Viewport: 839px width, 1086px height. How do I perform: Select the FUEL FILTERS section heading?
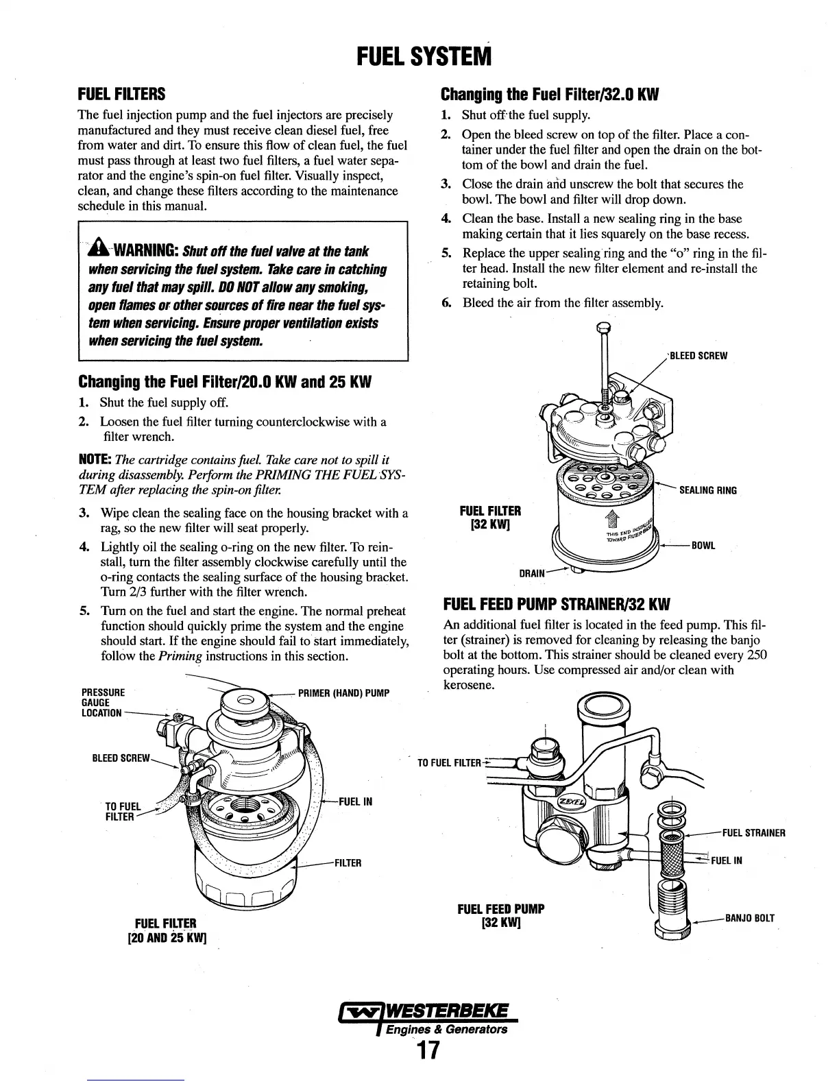[x=122, y=93]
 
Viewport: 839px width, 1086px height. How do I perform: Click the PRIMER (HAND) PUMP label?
[x=343, y=693]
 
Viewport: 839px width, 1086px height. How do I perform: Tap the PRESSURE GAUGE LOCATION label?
[x=103, y=703]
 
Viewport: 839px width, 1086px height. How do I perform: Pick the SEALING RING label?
[x=707, y=490]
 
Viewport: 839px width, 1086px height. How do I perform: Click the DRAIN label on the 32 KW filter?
[x=532, y=572]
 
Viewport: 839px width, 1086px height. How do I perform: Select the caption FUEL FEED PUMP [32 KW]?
[x=500, y=915]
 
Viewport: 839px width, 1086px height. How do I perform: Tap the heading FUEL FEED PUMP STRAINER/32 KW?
[x=556, y=605]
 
